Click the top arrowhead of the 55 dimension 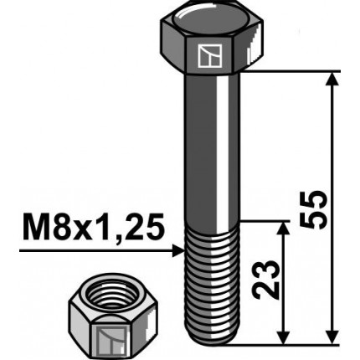(332, 80)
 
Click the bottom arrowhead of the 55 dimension (332, 336)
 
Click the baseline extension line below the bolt (285, 343)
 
